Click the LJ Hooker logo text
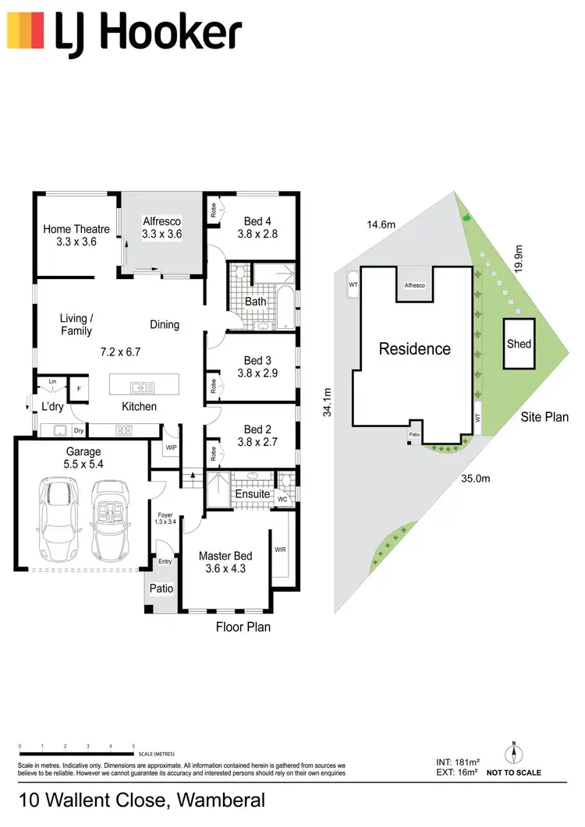[147, 33]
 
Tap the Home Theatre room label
[76, 229]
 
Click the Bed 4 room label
[257, 221]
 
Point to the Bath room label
[255, 302]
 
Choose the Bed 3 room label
[257, 360]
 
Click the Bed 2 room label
[257, 429]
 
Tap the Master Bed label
[225, 556]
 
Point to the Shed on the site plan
[519, 344]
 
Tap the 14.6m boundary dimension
[382, 224]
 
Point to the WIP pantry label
[171, 448]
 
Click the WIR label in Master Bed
[281, 550]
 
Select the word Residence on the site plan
[414, 348]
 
